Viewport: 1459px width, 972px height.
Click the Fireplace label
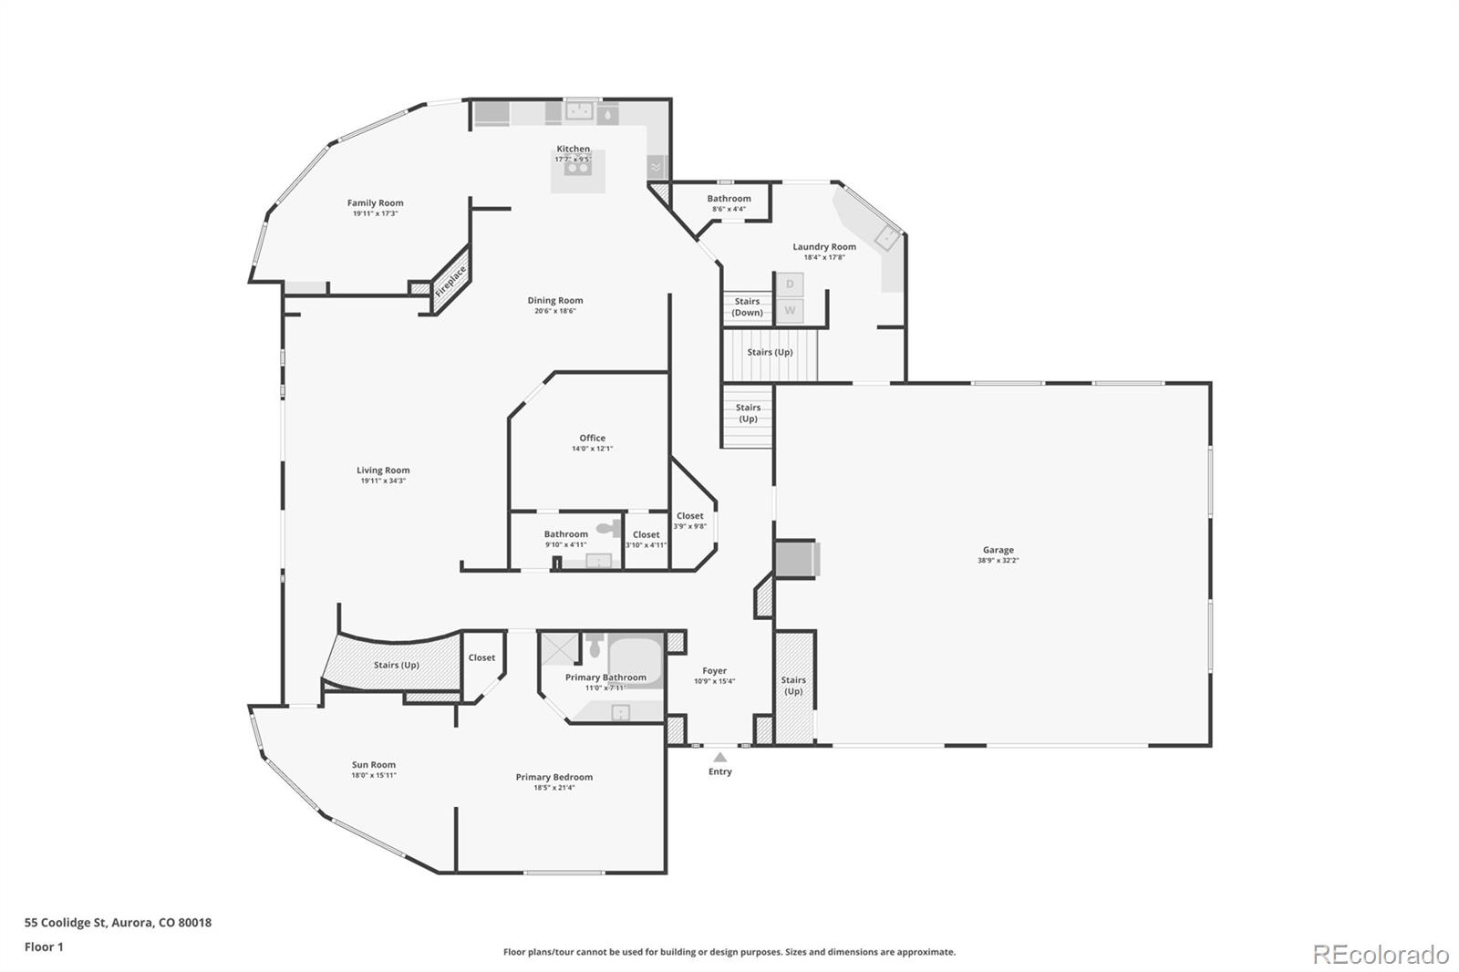coord(450,282)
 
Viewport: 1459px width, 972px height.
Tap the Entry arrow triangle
coord(719,757)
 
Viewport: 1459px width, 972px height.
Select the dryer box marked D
coord(790,284)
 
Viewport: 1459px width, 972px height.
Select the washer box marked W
coord(790,310)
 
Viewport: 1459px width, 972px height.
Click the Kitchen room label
coord(574,149)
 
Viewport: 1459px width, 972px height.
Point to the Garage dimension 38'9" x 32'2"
coord(998,561)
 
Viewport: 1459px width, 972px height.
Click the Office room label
coord(592,438)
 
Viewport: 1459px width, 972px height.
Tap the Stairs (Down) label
coord(747,307)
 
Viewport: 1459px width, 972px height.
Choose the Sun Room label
coord(374,765)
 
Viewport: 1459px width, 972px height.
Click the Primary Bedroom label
coord(554,777)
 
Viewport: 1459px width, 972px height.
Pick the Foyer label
coord(714,670)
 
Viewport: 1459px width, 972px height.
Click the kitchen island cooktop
coord(577,170)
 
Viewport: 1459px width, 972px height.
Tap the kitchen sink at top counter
coord(581,112)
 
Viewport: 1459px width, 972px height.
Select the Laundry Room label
coord(823,246)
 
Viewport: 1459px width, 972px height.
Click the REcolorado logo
coord(1381,955)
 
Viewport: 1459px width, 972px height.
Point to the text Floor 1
coord(44,946)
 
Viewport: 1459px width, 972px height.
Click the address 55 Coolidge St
coord(118,922)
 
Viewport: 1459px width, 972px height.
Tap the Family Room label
coord(375,203)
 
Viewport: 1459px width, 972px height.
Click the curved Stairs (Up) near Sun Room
coord(396,665)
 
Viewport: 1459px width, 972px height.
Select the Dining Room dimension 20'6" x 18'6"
coord(554,311)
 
